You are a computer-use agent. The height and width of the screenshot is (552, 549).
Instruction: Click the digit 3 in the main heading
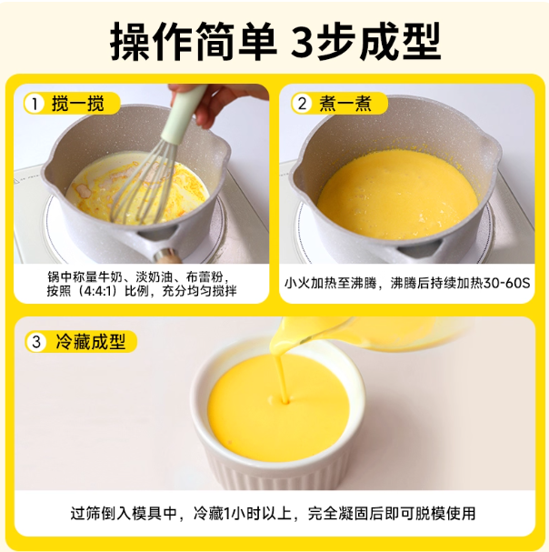(x=304, y=42)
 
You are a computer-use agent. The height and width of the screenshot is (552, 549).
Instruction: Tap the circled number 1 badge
(x=35, y=104)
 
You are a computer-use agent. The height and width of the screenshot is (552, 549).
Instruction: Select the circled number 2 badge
(x=302, y=104)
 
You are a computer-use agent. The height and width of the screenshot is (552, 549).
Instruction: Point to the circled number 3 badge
(x=36, y=342)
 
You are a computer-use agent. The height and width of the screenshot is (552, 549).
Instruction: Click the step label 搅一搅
(x=78, y=104)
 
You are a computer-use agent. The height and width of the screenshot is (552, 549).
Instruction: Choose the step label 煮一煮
(x=345, y=104)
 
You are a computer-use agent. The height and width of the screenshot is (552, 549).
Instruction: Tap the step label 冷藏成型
(x=91, y=342)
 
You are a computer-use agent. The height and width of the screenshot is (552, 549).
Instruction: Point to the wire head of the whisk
(x=145, y=183)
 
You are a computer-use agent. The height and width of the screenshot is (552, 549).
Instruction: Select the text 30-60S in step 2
(x=506, y=284)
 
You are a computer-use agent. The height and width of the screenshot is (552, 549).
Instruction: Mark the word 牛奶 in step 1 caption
(x=111, y=277)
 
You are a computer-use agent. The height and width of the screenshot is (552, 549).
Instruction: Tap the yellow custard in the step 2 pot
(x=398, y=194)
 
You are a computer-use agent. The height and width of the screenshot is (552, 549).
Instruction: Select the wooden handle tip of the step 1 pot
(x=169, y=256)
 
